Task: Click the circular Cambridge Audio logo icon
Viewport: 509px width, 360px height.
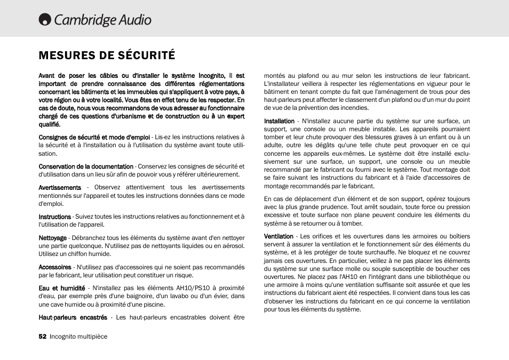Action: tap(45, 20)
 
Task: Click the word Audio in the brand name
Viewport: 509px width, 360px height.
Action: tap(134, 20)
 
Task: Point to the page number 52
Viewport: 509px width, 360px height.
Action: tap(43, 337)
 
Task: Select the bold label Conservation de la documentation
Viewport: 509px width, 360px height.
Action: tap(86, 166)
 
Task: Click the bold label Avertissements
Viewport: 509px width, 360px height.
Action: tap(60, 187)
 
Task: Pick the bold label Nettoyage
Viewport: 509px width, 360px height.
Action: tap(52, 238)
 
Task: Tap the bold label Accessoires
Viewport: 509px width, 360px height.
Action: tap(54, 267)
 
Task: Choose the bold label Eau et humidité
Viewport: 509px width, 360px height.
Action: tap(61, 288)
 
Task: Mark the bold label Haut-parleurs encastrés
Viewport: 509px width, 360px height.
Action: tap(73, 317)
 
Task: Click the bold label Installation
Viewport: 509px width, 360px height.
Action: tap(279, 121)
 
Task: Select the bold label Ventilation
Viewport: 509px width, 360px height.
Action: tap(279, 236)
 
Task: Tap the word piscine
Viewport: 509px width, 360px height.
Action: tap(153, 305)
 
